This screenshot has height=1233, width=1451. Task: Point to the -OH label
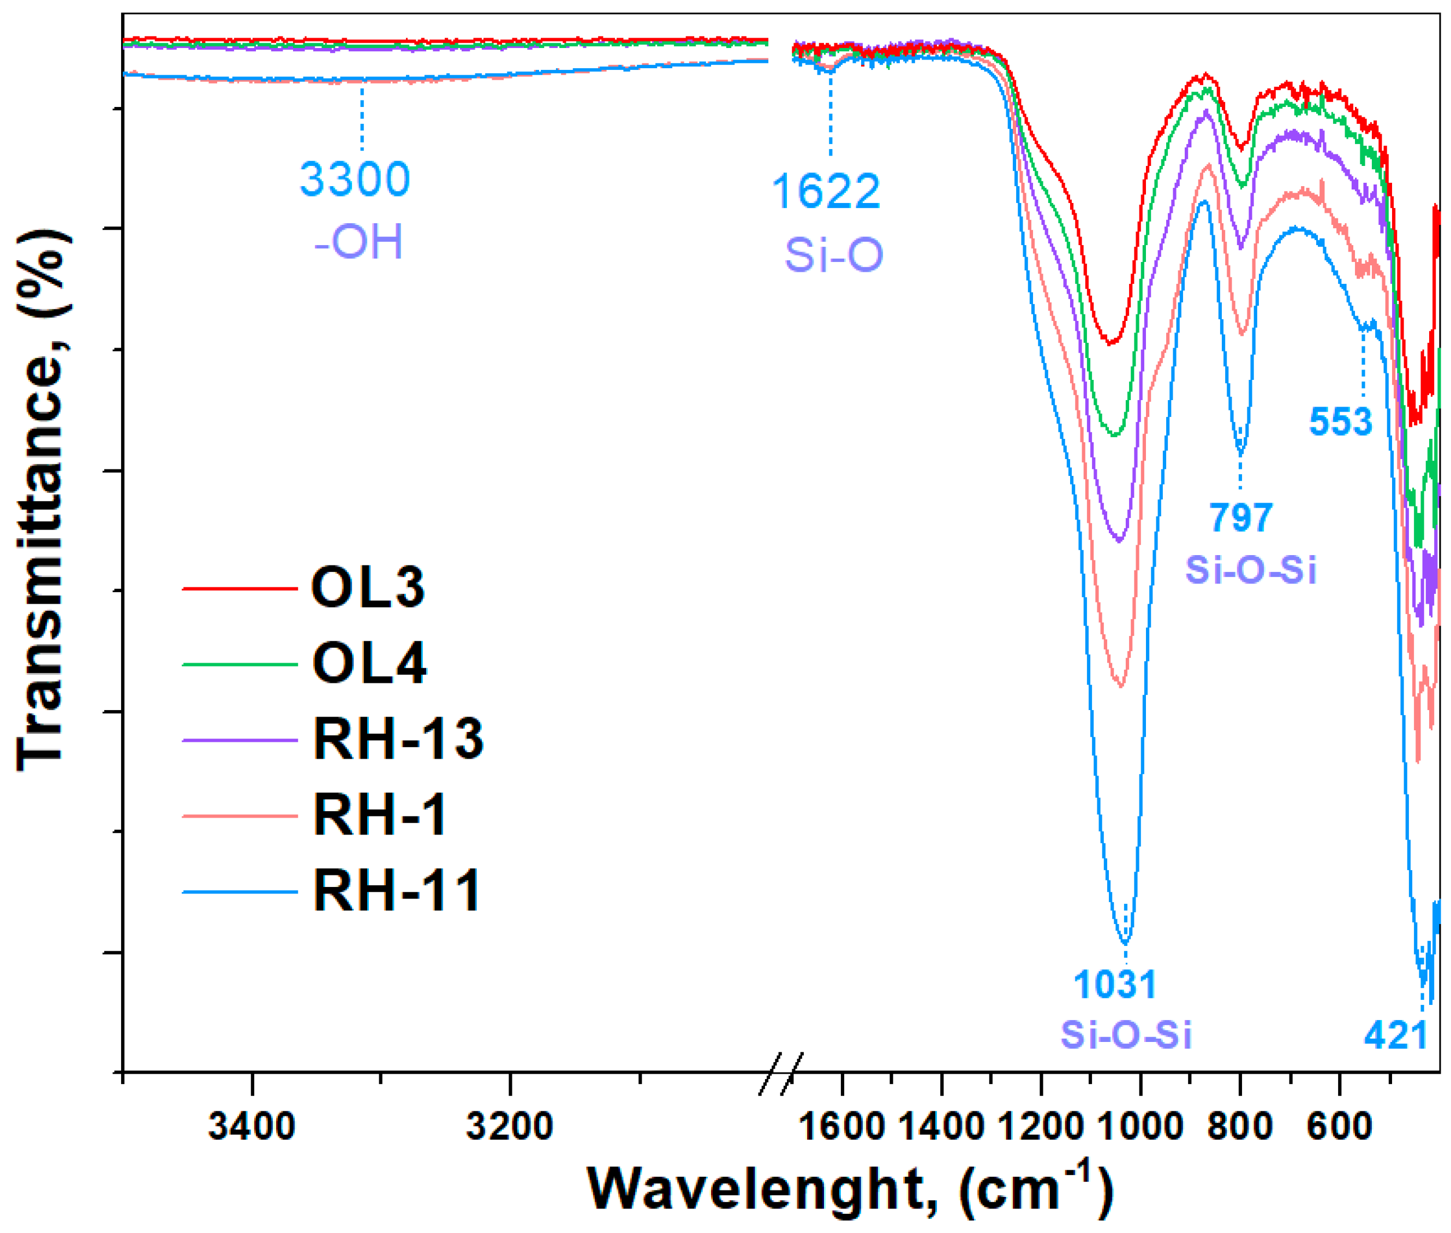[x=359, y=242]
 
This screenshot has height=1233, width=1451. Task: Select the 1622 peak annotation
[x=826, y=191]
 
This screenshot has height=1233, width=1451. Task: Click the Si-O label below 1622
[x=833, y=254]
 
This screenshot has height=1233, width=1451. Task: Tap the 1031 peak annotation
[x=1115, y=984]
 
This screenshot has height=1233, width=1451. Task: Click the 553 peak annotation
[x=1340, y=422]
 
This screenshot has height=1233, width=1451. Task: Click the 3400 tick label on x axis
[x=252, y=1126]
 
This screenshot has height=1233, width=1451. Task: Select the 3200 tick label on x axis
[x=510, y=1126]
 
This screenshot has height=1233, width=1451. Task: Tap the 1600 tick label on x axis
[x=841, y=1126]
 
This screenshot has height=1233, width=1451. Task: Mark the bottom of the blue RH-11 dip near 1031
[x=1125, y=942]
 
